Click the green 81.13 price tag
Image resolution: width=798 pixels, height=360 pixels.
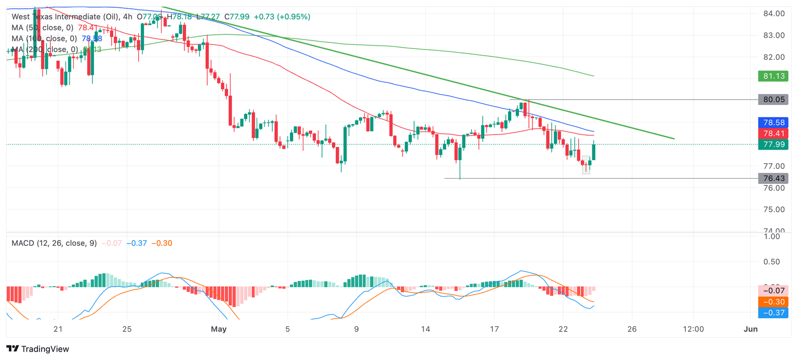coord(773,76)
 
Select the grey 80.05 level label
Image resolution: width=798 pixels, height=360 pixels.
coord(773,99)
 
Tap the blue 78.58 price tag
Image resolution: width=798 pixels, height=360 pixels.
coord(773,123)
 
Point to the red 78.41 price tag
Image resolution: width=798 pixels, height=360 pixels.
coord(773,134)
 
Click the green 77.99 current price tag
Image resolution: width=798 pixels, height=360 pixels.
coord(773,144)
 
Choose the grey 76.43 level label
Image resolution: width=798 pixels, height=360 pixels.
coord(773,179)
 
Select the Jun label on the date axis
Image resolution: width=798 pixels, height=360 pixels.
coord(750,329)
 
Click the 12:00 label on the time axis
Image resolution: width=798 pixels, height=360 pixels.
coord(693,329)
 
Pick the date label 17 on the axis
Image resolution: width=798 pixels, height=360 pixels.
coord(494,329)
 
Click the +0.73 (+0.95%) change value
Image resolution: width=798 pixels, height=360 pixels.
coord(282,17)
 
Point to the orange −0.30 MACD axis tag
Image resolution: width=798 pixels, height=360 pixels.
coord(773,302)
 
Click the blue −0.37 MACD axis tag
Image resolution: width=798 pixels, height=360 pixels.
coord(773,313)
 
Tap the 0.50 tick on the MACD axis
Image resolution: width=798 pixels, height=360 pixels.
coord(774,261)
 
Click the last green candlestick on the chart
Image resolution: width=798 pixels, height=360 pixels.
coord(594,152)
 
